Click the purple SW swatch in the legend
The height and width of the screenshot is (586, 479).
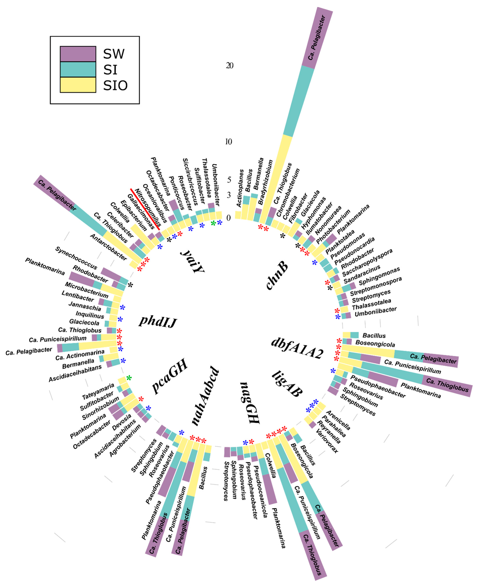pos(78,54)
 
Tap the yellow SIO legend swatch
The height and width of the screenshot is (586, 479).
pos(78,85)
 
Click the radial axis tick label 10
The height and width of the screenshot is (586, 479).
pos(228,142)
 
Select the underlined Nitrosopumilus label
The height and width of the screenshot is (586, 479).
pos(148,208)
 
